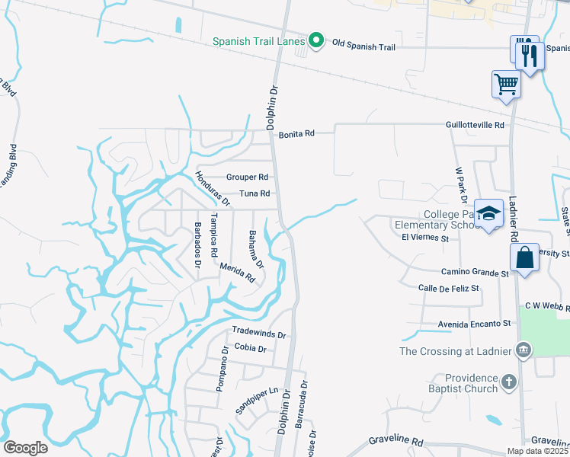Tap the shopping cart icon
[506, 84]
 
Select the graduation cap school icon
[488, 213]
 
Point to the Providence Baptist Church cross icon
[509, 381]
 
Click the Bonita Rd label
[296, 133]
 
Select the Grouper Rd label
[247, 177]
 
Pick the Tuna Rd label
[255, 193]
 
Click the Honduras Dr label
[211, 187]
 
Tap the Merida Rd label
[237, 273]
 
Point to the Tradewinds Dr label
[259, 334]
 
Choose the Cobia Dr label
[251, 348]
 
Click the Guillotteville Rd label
[475, 124]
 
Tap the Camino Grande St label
[474, 272]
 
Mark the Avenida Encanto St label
[474, 324]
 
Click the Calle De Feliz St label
[448, 288]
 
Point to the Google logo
[25, 447]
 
